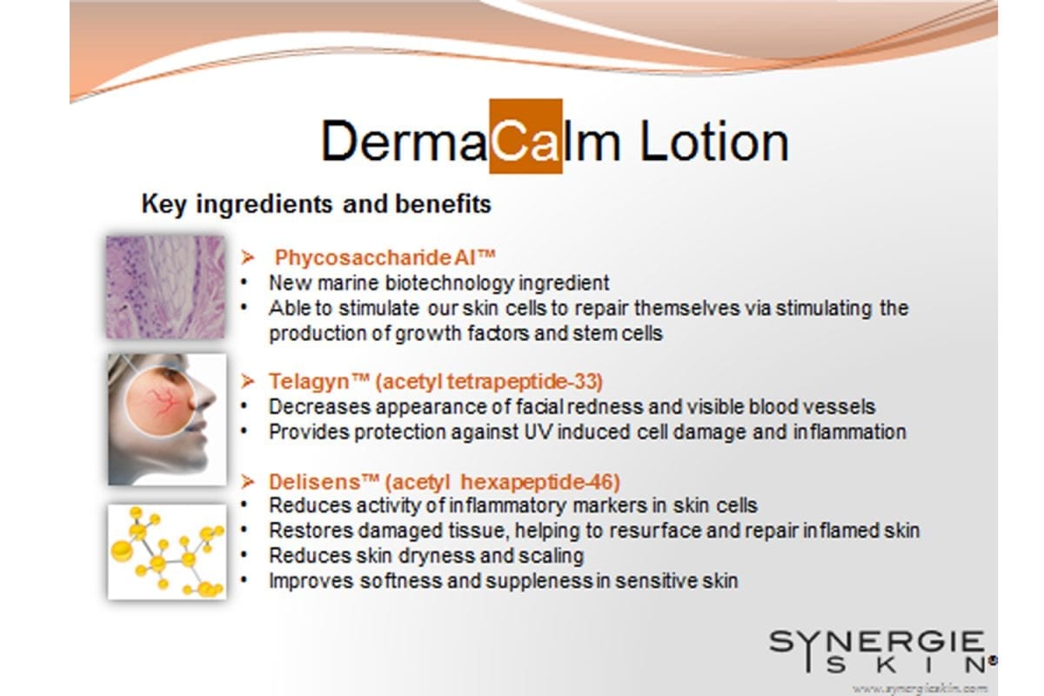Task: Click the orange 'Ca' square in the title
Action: click(x=525, y=136)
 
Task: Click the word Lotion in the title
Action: click(x=714, y=141)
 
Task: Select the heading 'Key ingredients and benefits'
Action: click(x=317, y=204)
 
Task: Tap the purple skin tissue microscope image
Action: click(x=165, y=287)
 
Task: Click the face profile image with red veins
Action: click(x=167, y=419)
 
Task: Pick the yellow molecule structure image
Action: click(x=167, y=551)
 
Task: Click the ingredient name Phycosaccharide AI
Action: click(x=385, y=258)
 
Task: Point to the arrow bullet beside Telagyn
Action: click(x=248, y=381)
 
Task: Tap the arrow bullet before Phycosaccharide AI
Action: click(x=248, y=258)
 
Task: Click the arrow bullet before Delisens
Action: click(x=248, y=482)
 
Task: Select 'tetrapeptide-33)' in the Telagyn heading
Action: click(x=525, y=382)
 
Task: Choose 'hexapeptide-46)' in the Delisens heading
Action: click(x=540, y=482)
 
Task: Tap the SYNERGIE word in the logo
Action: click(x=877, y=641)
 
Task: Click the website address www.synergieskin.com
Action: click(x=920, y=688)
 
